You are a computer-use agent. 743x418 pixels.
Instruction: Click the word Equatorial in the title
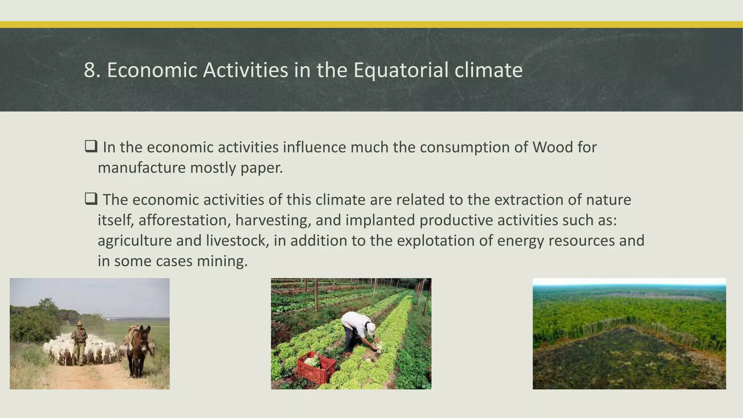[x=401, y=70]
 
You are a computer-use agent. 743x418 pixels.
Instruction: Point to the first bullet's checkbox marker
[x=91, y=146]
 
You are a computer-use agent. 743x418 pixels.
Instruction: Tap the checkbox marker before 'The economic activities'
[x=91, y=199]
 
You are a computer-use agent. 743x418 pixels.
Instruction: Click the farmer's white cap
[x=370, y=328]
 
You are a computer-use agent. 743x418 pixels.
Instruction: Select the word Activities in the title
[x=245, y=70]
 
